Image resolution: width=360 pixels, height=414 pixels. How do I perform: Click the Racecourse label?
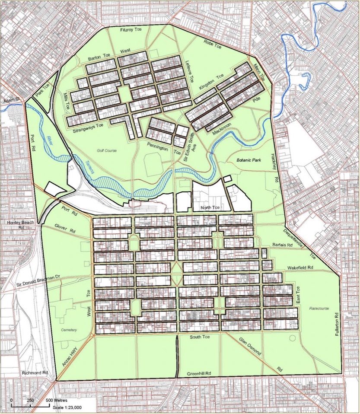[319, 309]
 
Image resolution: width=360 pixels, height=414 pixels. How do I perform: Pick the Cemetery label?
[69, 330]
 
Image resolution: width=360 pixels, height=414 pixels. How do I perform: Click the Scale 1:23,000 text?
[67, 408]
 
